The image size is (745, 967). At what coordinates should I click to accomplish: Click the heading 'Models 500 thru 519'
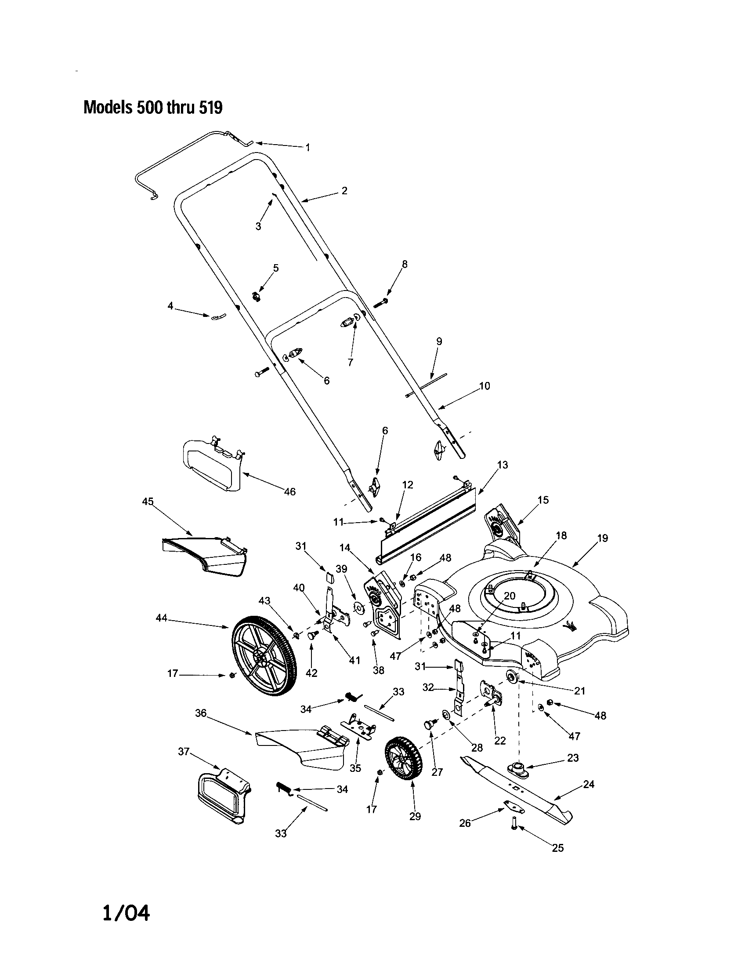(152, 108)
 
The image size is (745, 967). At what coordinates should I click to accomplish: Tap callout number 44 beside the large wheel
(162, 618)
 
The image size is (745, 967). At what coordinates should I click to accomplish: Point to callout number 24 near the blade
(589, 784)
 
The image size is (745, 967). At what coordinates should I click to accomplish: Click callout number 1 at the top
(308, 147)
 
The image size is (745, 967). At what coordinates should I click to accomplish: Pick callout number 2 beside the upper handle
(344, 191)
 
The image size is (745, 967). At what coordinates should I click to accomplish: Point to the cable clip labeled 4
(217, 316)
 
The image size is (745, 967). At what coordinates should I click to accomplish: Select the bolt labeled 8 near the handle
(381, 304)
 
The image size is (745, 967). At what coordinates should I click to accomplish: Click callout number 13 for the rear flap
(503, 465)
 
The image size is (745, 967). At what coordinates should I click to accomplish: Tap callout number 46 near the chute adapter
(290, 491)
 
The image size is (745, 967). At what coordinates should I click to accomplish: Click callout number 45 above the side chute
(148, 501)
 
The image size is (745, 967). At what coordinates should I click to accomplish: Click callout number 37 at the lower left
(184, 751)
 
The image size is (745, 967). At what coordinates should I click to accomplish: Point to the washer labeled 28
(445, 714)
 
